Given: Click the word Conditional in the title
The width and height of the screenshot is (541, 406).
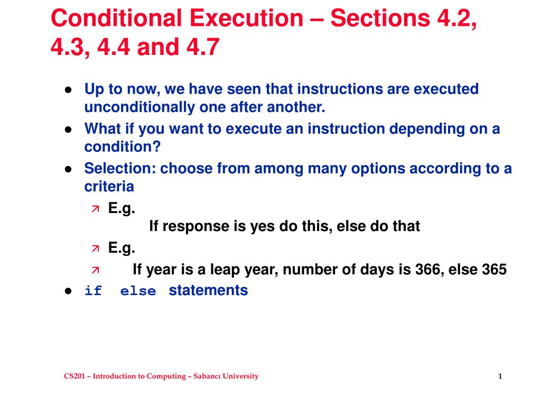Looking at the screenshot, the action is click(x=116, y=18).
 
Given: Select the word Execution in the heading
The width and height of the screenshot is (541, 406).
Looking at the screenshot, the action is click(x=246, y=18).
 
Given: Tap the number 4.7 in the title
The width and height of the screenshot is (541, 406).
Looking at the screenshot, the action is click(x=203, y=47).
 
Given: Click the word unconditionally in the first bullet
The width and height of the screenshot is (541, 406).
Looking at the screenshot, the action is click(x=139, y=107).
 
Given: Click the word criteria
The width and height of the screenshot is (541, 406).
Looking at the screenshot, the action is click(x=109, y=187).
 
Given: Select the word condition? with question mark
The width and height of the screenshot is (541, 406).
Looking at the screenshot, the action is click(x=123, y=147).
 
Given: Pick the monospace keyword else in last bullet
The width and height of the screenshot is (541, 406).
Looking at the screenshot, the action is click(x=138, y=291).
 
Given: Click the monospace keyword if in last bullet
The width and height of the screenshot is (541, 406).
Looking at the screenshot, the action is click(x=93, y=291).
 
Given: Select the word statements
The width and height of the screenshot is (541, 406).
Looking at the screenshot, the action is click(x=208, y=290).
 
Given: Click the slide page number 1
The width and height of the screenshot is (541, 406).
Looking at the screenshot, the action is click(x=500, y=376).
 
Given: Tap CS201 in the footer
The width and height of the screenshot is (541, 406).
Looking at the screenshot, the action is click(x=74, y=376).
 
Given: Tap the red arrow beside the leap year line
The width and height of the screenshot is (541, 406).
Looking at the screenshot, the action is click(x=96, y=270).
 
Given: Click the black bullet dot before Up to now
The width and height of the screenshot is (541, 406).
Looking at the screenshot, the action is click(x=68, y=90).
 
